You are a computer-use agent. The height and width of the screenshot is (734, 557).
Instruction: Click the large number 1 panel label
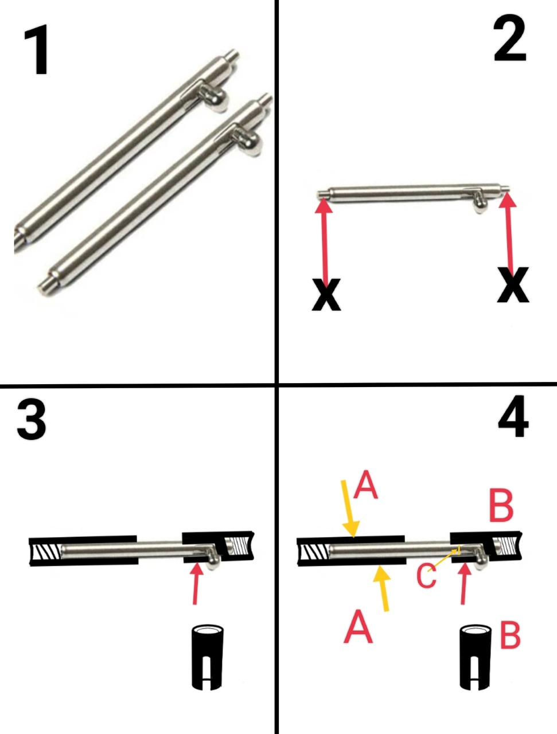(x=37, y=49)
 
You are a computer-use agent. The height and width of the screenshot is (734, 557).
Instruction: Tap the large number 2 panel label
(x=510, y=38)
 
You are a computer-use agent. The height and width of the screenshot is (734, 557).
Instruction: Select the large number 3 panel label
(x=32, y=420)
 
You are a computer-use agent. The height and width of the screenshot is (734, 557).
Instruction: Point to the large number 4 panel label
(x=513, y=417)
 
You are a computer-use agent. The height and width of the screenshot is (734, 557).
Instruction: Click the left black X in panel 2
(x=326, y=295)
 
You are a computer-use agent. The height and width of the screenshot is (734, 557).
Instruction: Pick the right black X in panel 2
(x=513, y=285)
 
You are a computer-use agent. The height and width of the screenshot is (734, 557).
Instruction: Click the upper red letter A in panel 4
(x=365, y=485)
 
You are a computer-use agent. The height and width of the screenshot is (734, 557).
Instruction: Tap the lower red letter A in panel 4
(x=358, y=626)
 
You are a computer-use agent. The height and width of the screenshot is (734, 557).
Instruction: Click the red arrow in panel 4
(x=464, y=583)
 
